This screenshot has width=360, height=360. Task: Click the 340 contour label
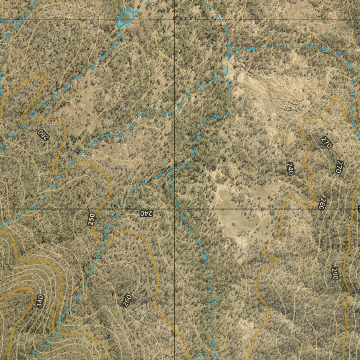pos(40,301)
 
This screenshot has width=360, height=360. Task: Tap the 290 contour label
pos(334,274)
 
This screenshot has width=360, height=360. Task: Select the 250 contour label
pos(91,219)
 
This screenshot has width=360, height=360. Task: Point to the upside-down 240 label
pos(146,213)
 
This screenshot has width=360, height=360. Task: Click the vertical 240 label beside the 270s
pos(290,168)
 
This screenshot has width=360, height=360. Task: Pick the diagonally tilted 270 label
pos(326,142)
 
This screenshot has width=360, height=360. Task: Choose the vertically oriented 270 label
pos(339,167)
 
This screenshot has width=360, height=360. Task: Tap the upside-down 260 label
pos(43,134)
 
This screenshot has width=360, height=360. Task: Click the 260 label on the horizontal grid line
pos(321,204)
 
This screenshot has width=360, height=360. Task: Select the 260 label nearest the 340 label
pos(127,301)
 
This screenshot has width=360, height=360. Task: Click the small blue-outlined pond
pos(126,17)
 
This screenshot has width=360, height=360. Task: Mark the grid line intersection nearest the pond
pos(175,20)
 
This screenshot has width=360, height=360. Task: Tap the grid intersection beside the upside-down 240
pos(175,209)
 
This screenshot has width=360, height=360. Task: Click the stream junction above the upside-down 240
pos(169,172)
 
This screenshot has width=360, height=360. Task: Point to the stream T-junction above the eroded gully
pos(229,49)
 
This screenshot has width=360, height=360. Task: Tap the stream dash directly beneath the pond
pos(121,33)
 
